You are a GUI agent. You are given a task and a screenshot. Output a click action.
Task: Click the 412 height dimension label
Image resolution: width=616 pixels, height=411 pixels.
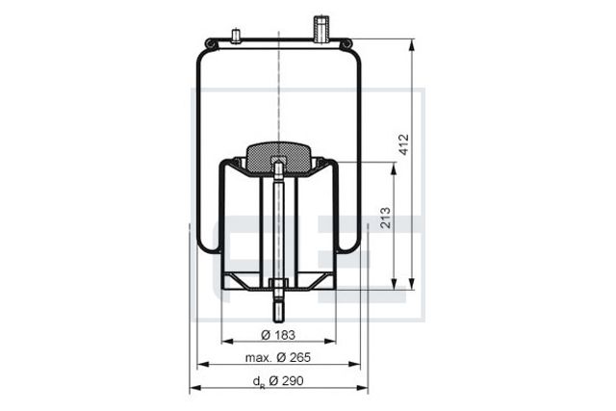pyautogui.click(x=404, y=144)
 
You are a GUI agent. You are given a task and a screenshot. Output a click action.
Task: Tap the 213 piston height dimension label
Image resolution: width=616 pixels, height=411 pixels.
pyautogui.click(x=386, y=218)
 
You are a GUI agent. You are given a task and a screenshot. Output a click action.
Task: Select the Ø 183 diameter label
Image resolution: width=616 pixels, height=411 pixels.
pyautogui.click(x=278, y=335)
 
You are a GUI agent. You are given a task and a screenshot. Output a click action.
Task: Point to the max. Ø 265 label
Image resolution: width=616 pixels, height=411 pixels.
pyautogui.click(x=278, y=357)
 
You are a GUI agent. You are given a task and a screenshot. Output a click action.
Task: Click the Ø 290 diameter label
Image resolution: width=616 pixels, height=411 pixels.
pyautogui.click(x=286, y=381)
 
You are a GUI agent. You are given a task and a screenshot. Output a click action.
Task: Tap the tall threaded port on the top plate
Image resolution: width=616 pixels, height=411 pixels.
pyautogui.click(x=321, y=29)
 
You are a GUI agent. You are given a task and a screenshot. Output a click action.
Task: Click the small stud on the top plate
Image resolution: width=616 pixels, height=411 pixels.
pyautogui.click(x=236, y=37)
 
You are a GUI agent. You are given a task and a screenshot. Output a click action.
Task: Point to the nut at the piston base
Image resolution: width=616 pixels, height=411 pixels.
pyautogui.click(x=278, y=284)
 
